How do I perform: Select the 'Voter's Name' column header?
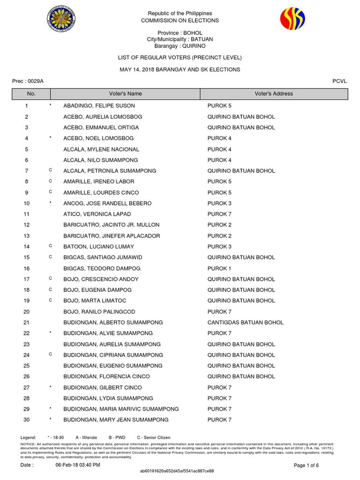coord(125,94)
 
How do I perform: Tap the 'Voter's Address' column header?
coord(274,94)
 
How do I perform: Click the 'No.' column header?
coord(31,94)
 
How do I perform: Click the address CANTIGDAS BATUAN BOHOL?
coord(245,322)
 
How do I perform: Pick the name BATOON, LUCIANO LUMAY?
coord(98,247)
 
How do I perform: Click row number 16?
coord(26,269)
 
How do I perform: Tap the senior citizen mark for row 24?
coord(50,354)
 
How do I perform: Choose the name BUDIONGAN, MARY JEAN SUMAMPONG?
coord(116,420)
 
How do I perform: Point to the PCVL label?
coord(339,81)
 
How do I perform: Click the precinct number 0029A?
coord(35,81)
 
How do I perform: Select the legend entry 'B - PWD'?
coord(117,437)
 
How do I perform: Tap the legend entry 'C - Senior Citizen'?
coord(153,437)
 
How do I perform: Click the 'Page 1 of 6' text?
coord(306,465)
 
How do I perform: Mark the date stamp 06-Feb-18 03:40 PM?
coord(78,465)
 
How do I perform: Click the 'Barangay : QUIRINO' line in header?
coord(180,46)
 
